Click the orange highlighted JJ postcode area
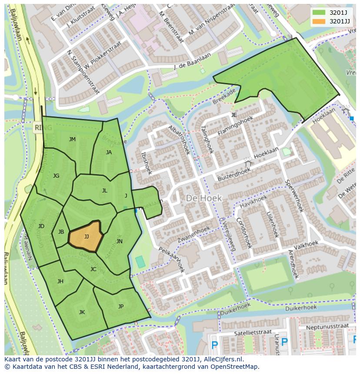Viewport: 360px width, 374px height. (x=86, y=236)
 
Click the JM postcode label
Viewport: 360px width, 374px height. (x=72, y=139)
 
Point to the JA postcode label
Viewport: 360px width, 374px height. (x=109, y=152)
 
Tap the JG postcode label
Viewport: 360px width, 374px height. (x=56, y=176)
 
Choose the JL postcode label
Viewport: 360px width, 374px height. (x=104, y=191)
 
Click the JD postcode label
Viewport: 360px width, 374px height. (x=41, y=226)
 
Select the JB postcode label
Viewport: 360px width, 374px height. (x=61, y=232)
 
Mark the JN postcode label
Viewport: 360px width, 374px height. (x=119, y=242)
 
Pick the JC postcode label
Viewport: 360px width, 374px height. (x=93, y=269)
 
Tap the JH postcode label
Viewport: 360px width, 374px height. (x=60, y=281)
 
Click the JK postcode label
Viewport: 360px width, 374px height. (x=82, y=312)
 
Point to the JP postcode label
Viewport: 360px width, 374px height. (x=121, y=307)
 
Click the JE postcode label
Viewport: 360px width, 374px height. (x=234, y=115)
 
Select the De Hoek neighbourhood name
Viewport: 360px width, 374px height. (x=204, y=198)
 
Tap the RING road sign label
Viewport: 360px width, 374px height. (x=43, y=128)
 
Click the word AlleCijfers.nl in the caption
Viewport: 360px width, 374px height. (x=223, y=359)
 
